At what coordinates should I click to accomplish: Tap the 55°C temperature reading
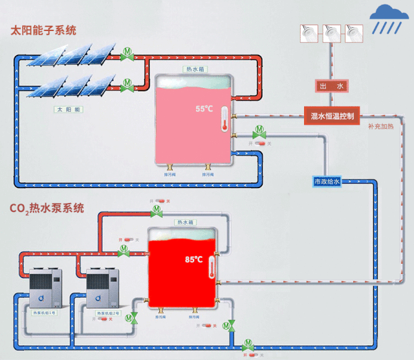pos(204,109)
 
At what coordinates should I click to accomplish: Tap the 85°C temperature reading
pos(193,259)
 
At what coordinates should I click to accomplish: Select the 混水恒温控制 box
pos(332,117)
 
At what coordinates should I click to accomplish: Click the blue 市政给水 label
pos(327,182)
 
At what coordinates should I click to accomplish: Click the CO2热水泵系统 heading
pos(47,208)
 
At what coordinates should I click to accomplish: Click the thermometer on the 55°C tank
pos(224,120)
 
